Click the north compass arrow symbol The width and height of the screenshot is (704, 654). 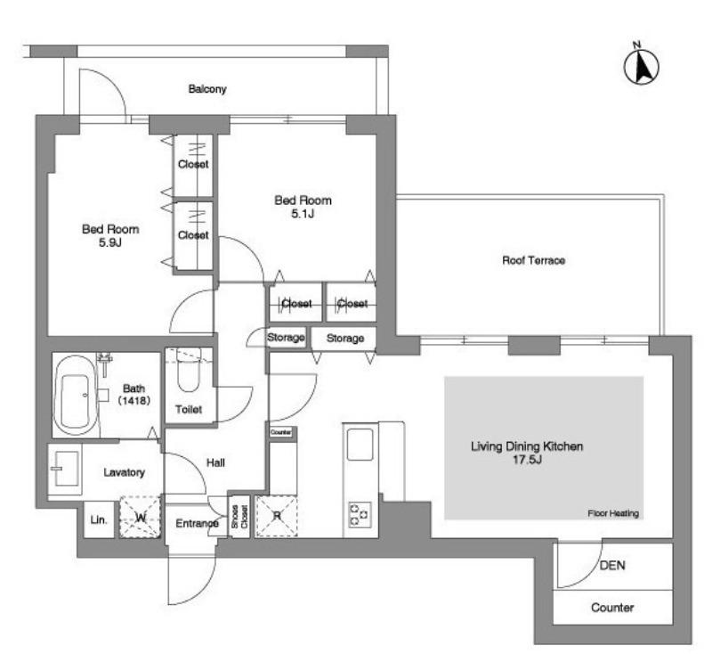point(642,66)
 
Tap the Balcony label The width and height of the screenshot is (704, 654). point(207,89)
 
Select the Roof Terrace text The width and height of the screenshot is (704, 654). point(533,260)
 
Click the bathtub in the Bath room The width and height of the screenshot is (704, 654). point(75,395)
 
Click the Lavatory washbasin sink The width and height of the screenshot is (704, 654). point(65,470)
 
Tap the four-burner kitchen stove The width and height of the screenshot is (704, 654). point(360,515)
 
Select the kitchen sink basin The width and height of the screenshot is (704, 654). point(360,444)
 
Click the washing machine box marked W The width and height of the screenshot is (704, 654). point(140,517)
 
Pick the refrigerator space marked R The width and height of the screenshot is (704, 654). point(277,516)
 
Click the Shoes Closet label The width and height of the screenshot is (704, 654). point(239,517)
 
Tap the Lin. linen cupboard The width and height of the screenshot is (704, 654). point(99,519)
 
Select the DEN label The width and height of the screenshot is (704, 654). point(612,565)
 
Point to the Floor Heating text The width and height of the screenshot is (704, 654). point(613,513)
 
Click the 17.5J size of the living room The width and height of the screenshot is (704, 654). point(527,460)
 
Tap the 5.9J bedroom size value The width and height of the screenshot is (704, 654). point(110,242)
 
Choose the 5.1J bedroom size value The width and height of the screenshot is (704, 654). point(303,214)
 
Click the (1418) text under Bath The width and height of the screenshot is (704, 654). point(134,400)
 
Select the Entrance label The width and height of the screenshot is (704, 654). point(197,523)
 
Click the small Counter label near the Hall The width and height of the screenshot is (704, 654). point(281,432)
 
